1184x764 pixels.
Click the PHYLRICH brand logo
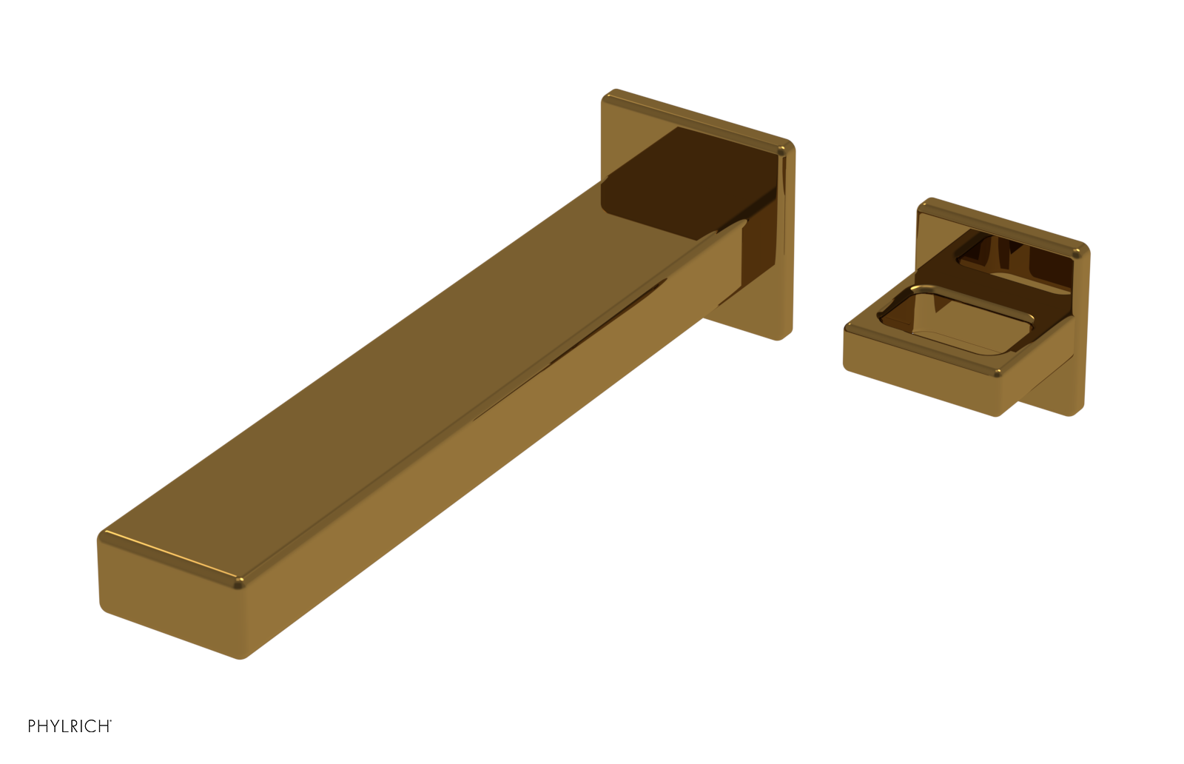coord(70,726)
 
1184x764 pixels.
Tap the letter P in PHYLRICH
coord(32,726)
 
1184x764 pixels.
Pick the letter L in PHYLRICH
coord(67,726)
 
